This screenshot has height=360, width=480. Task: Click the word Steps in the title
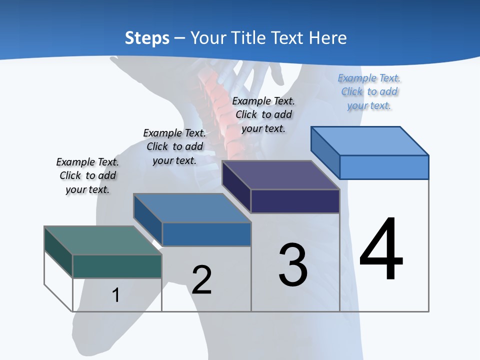click(x=147, y=38)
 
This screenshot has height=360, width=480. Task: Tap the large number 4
click(x=381, y=249)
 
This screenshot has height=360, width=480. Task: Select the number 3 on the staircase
click(x=293, y=265)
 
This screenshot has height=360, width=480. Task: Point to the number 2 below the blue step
click(x=201, y=280)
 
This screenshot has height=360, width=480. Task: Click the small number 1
click(x=115, y=295)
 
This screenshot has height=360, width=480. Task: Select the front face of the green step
click(x=117, y=266)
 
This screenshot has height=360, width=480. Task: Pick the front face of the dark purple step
click(x=295, y=201)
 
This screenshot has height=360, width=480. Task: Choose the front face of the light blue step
click(x=384, y=167)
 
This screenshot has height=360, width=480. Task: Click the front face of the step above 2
click(x=206, y=234)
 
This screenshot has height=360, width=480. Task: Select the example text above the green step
click(x=87, y=175)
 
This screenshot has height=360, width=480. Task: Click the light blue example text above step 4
click(x=369, y=91)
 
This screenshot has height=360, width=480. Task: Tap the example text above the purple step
click(x=263, y=114)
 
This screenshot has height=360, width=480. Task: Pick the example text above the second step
click(x=174, y=146)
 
